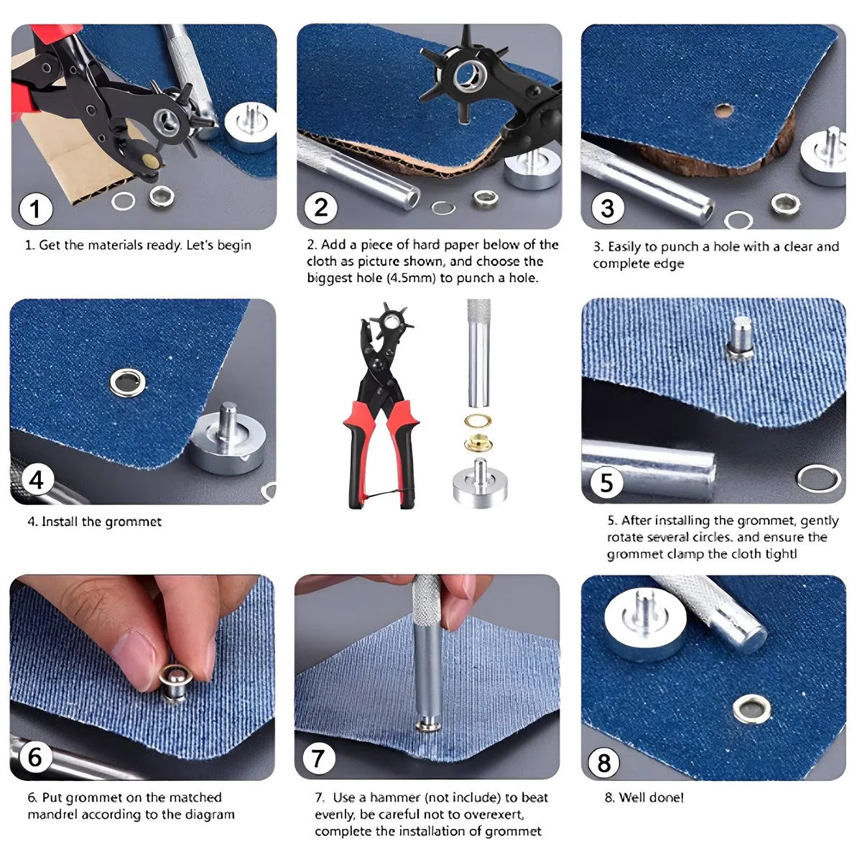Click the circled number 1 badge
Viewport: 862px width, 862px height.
click(x=36, y=209)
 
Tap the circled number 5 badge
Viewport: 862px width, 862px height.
click(x=606, y=482)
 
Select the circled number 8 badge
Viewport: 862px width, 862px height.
click(x=604, y=763)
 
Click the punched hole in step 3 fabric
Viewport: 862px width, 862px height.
click(x=723, y=111)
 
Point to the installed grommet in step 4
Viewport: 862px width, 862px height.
click(x=128, y=383)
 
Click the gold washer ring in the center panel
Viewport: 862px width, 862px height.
click(x=478, y=421)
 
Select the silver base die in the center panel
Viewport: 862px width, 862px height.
click(x=480, y=483)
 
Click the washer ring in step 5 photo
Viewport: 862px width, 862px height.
click(x=819, y=478)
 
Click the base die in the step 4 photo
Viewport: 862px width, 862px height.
click(x=228, y=440)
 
